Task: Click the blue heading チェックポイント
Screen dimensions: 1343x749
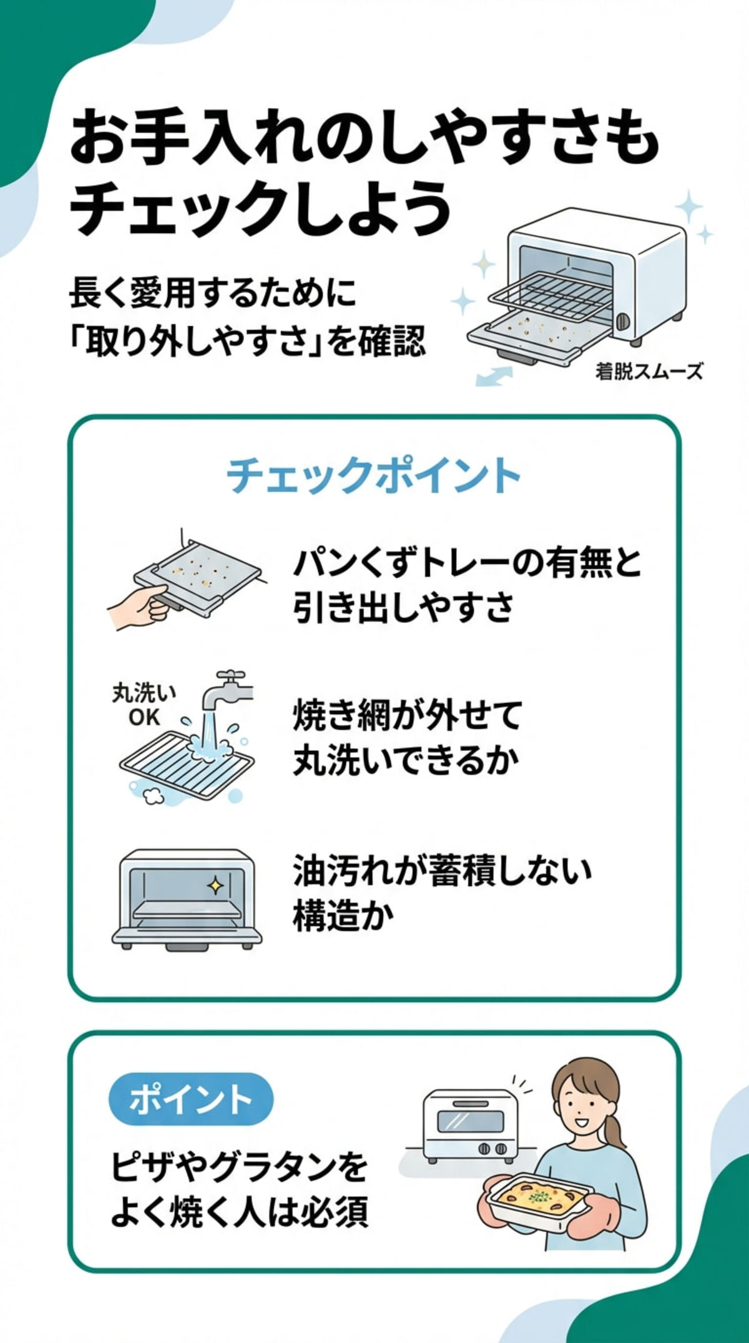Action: [373, 475]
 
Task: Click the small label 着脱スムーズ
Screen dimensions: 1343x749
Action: [649, 372]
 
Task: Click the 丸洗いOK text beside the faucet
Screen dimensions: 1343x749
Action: [144, 705]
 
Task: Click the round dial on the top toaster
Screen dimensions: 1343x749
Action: [623, 322]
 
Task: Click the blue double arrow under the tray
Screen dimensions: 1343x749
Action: [494, 375]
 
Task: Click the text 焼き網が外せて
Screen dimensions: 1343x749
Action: [407, 716]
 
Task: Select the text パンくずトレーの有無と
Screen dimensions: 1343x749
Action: [467, 563]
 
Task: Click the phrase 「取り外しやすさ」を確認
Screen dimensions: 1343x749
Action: [247, 342]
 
